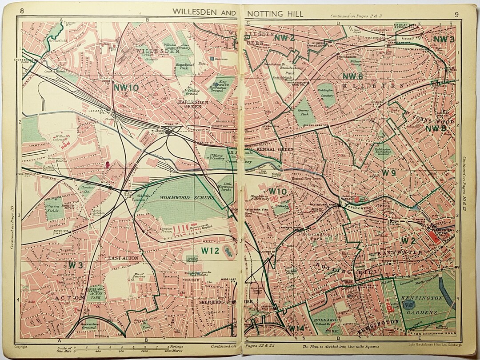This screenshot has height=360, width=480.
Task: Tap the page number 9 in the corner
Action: pos(456,14)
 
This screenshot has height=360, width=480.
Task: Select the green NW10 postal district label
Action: pos(126,88)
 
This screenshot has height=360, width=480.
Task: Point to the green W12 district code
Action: pos(210,251)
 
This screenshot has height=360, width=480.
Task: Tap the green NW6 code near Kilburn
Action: pos(353,76)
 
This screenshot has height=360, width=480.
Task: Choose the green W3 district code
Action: pos(76,265)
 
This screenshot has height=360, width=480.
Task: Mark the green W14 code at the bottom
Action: pos(296,328)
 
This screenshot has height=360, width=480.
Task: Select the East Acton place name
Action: pos(123,258)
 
